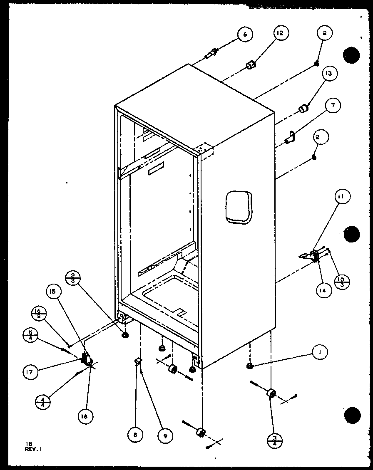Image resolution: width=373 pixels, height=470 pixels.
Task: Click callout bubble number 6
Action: pyautogui.click(x=245, y=35)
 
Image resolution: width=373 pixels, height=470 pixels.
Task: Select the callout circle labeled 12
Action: pyautogui.click(x=281, y=33)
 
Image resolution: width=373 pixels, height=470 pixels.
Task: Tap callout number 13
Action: pyautogui.click(x=329, y=74)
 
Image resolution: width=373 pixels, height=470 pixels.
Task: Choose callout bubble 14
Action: pyautogui.click(x=323, y=289)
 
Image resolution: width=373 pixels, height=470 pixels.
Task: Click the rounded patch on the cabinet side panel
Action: pyautogui.click(x=239, y=206)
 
